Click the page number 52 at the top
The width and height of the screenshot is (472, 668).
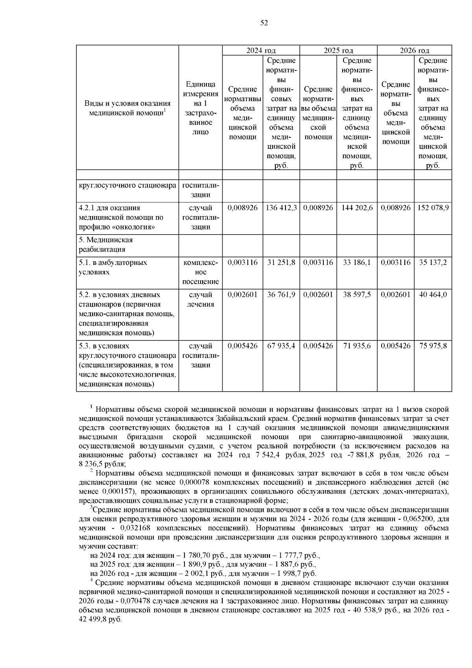pyautogui.click(x=264, y=23)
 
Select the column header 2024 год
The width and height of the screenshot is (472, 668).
pyautogui.click(x=261, y=50)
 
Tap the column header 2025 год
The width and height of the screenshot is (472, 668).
pyautogui.click(x=338, y=50)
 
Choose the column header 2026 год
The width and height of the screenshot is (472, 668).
pyautogui.click(x=415, y=50)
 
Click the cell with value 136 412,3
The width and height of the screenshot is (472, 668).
pyautogui.click(x=281, y=208)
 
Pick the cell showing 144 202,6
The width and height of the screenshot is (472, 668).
pyautogui.click(x=356, y=208)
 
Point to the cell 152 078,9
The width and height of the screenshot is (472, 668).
pyautogui.click(x=433, y=208)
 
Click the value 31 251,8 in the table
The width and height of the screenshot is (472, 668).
pyautogui.click(x=281, y=263)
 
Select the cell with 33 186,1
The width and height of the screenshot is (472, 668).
pyautogui.click(x=356, y=263)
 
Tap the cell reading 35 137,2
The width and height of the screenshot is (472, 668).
pyautogui.click(x=433, y=263)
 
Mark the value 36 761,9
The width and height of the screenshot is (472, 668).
pyautogui.click(x=281, y=295)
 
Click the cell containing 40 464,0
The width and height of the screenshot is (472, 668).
pyautogui.click(x=433, y=295)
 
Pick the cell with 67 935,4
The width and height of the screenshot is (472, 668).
pyautogui.click(x=281, y=346)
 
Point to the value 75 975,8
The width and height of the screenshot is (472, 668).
pyautogui.click(x=433, y=346)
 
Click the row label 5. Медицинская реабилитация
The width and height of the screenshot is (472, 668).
pyautogui.click(x=106, y=244)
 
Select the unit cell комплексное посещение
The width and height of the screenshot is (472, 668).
pyautogui.click(x=201, y=272)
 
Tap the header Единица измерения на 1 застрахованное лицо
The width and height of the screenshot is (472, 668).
pyautogui.click(x=201, y=108)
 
